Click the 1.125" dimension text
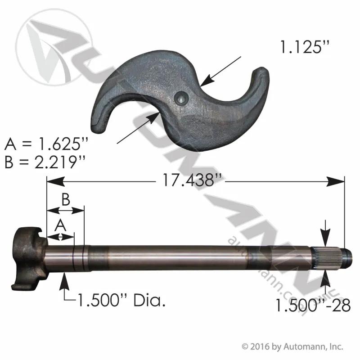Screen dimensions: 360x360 click(305, 47)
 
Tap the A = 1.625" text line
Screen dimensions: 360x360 click(46, 144)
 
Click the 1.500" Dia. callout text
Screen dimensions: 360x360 click(121, 300)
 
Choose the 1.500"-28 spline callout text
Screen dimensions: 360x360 click(313, 306)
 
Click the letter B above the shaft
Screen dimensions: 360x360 click(66, 199)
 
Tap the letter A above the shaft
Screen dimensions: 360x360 click(60, 225)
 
